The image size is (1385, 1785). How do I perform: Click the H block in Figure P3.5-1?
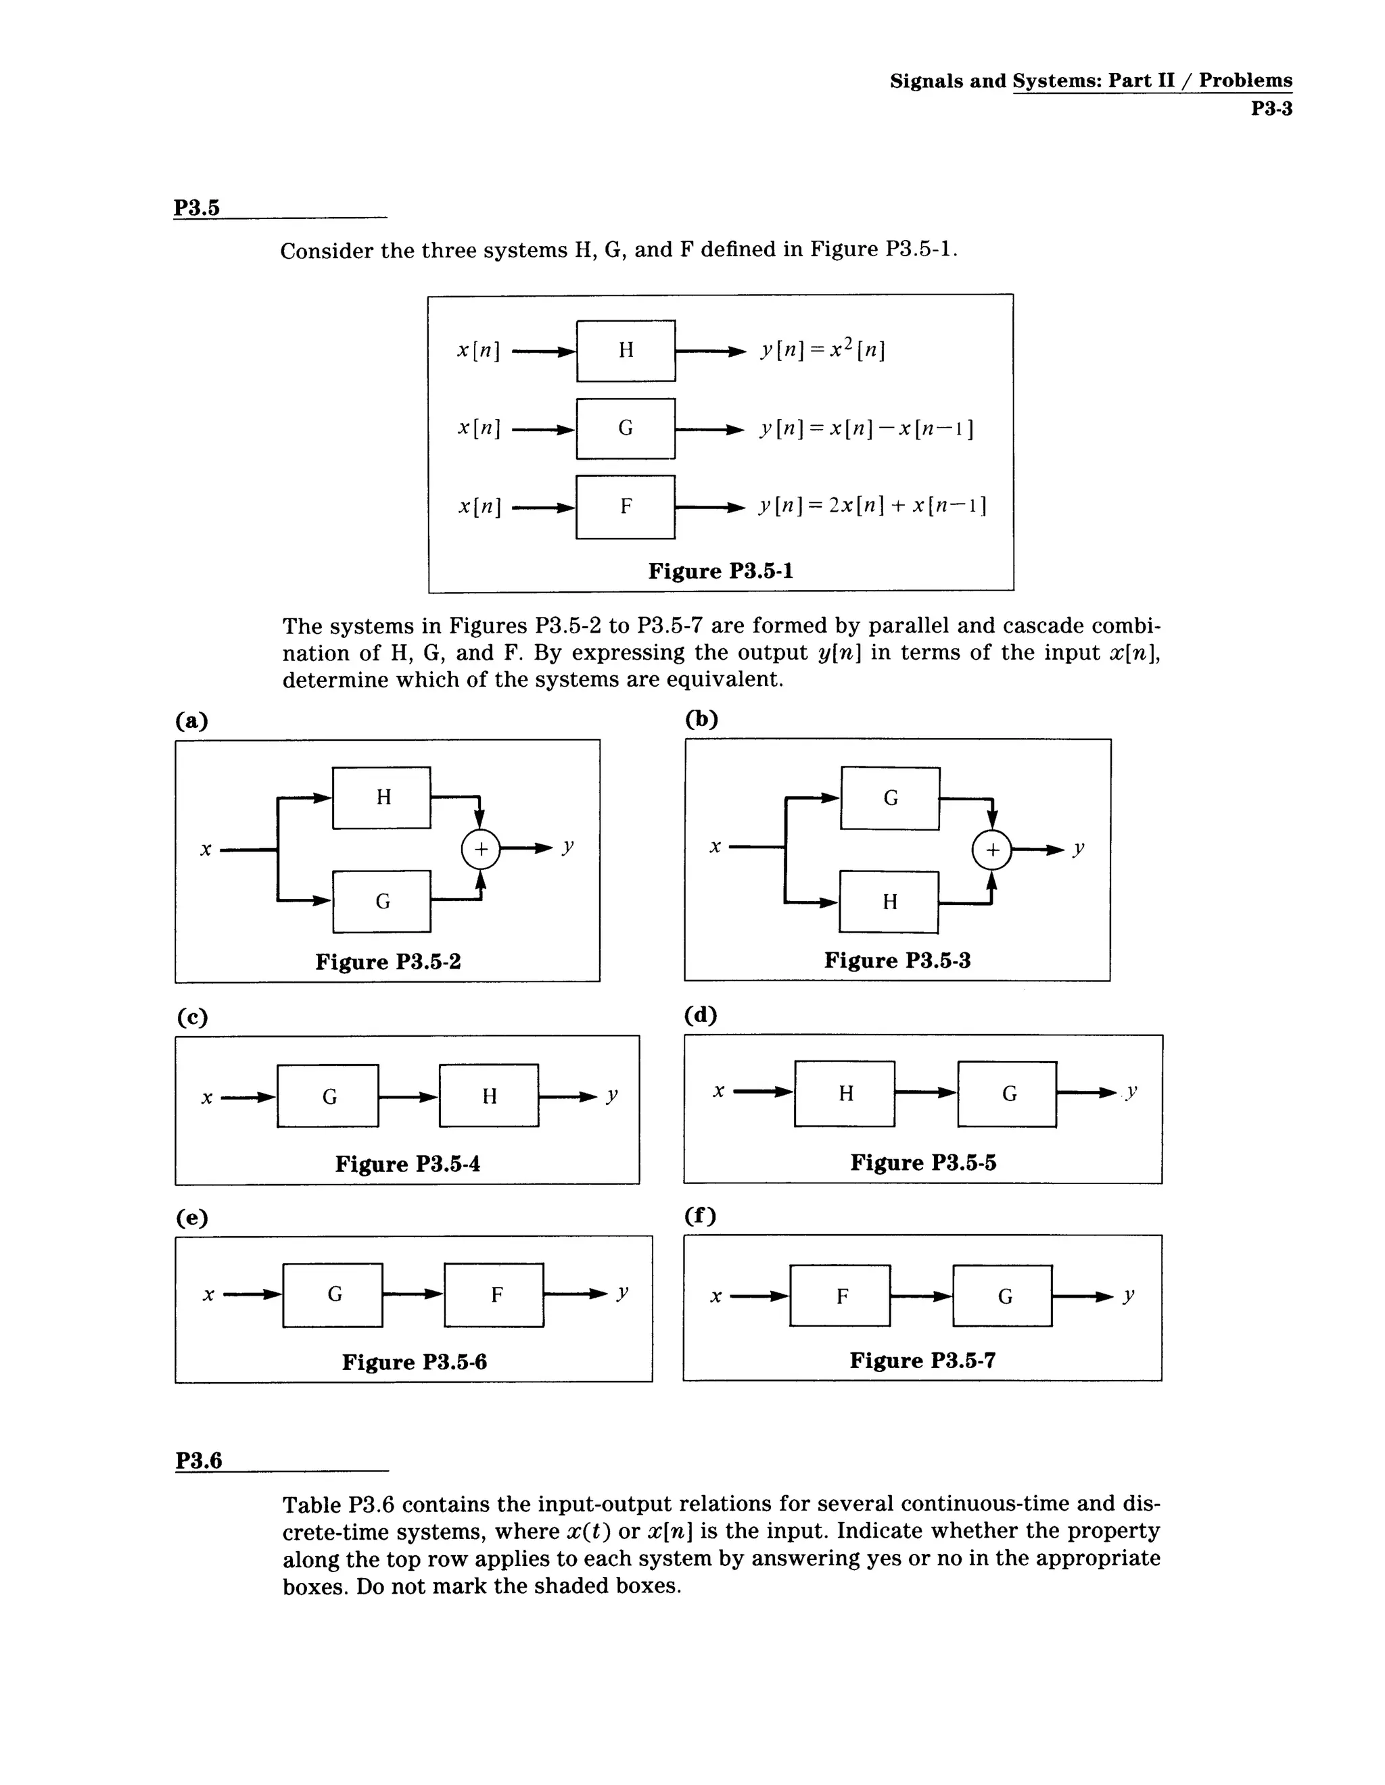coord(626,351)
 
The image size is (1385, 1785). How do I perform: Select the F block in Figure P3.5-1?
coord(626,507)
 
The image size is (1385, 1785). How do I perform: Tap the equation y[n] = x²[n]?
coord(822,350)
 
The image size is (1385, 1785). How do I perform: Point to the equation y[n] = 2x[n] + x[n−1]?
coord(872,506)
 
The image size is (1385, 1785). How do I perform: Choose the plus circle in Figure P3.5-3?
coord(991,850)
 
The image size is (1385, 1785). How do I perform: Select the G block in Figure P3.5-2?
coord(382,902)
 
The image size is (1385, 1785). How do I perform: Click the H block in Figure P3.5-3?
coord(889,902)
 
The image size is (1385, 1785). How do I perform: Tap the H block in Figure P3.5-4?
coord(489,1096)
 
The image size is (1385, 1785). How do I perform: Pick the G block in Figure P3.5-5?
coord(1008,1094)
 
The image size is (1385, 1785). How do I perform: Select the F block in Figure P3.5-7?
coord(841,1296)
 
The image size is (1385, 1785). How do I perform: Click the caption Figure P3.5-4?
coord(407,1164)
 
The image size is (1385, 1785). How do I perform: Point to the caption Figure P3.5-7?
coord(922,1360)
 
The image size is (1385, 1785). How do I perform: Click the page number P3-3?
coord(1271,109)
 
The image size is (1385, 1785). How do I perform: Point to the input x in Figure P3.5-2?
coord(206,850)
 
